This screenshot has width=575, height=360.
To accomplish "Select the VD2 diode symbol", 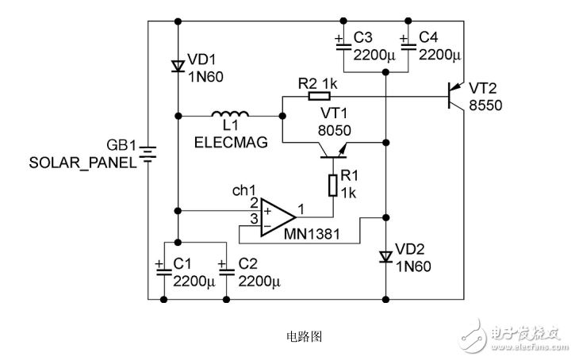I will (x=385, y=257).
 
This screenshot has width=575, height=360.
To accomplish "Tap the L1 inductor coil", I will (x=229, y=115).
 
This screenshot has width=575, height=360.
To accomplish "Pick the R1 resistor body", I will (x=334, y=184).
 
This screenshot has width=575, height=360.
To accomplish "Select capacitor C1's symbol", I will (x=164, y=270).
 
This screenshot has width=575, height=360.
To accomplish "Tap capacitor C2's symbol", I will (x=227, y=270).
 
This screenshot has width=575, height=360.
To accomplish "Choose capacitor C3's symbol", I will (x=343, y=45).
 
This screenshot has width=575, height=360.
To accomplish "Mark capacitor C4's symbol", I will (x=407, y=45).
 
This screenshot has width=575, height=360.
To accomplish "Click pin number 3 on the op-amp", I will (x=254, y=218).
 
